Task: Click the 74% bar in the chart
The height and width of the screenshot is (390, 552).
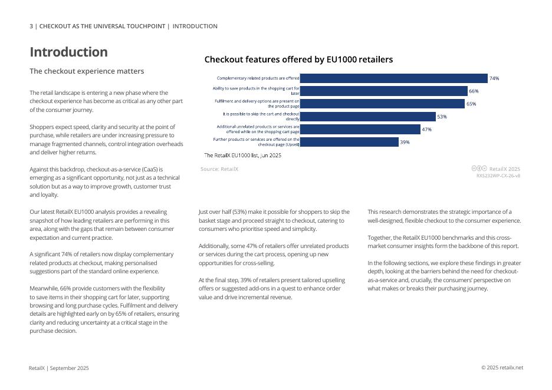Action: pos(393,78)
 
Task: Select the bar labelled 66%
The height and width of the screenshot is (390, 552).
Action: pos(383,91)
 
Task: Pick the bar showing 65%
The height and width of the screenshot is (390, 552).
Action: pos(382,104)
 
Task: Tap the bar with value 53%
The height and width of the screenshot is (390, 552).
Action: pos(367,117)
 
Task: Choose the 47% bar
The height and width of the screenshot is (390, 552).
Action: pos(360,130)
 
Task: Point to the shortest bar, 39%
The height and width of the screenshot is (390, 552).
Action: pos(349,142)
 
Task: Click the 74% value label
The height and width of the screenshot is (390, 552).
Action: pos(494,78)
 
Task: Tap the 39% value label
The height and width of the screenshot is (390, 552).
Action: pos(405,142)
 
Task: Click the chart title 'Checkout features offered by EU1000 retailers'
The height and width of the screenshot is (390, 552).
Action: pos(298,60)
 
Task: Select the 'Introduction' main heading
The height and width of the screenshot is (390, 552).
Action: pos(69,52)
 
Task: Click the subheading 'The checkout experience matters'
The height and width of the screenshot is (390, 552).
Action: pos(87,71)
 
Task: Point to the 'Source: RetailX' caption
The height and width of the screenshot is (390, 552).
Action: pos(219,169)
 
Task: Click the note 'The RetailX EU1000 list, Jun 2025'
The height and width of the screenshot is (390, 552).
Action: pos(242,156)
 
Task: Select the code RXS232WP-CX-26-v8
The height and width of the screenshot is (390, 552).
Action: pos(498,176)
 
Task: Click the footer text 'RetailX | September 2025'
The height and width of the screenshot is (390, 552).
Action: pos(59,368)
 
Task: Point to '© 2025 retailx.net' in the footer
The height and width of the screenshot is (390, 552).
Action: pos(502,368)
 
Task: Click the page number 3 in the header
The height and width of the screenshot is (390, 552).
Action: pos(32,27)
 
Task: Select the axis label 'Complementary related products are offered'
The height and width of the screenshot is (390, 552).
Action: pos(258,78)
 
